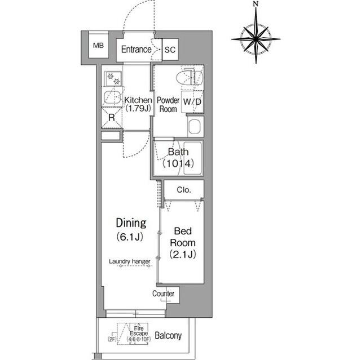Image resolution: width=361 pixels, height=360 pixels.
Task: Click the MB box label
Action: (x=98, y=45)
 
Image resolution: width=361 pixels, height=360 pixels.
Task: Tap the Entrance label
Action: (x=137, y=50)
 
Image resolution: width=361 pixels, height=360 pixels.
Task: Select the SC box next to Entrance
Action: (x=170, y=50)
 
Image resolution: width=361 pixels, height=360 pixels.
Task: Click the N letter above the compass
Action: (x=256, y=5)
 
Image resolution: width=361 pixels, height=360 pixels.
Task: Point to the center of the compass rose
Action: (x=256, y=39)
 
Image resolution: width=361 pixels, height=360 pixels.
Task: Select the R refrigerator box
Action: (x=112, y=118)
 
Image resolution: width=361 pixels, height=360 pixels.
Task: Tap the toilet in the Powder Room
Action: (x=189, y=78)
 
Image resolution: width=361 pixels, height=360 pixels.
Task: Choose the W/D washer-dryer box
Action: (x=192, y=102)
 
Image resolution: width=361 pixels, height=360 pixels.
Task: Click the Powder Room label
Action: (x=168, y=105)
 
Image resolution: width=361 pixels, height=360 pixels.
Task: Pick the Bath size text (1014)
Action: (x=178, y=164)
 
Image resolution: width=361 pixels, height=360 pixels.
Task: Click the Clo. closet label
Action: (x=184, y=190)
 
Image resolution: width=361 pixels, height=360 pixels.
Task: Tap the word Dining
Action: (x=131, y=223)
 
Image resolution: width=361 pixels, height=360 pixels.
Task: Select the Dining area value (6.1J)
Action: (x=131, y=237)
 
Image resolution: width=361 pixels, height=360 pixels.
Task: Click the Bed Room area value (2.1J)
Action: (x=183, y=254)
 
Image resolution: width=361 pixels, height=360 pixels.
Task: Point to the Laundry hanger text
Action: (x=130, y=261)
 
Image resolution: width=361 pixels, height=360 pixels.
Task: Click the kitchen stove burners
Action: (x=113, y=78)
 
